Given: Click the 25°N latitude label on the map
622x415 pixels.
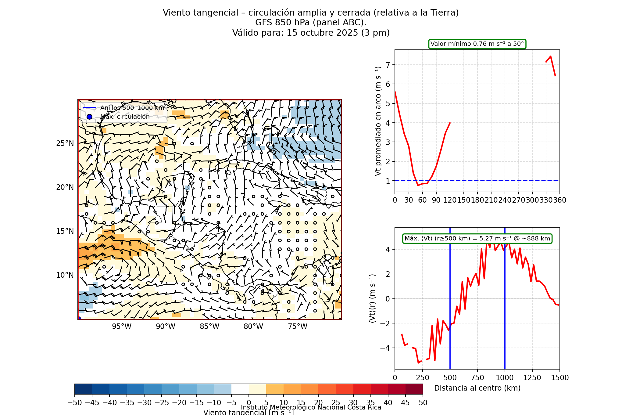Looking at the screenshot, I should pos(65,143).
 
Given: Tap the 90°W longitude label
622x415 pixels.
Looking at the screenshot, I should pos(166,327).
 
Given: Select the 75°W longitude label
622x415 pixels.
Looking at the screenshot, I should pos(298,327).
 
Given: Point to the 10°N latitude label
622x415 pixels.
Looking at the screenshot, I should pos(65,275).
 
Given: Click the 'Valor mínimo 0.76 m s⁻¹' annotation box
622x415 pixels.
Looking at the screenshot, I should pos(477,44).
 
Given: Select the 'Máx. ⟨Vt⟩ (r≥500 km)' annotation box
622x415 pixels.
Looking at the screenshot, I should pos(477,239).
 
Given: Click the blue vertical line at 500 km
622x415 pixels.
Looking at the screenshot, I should pos(450,305).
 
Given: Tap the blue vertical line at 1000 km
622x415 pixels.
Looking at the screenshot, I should pos(505,305).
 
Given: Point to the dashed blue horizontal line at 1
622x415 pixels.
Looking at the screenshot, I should pos(488,181).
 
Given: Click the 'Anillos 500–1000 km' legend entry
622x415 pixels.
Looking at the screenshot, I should pos(132,108).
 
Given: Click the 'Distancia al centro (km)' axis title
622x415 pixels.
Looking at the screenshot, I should pos(477,388).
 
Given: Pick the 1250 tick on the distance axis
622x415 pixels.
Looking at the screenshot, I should pos(532,378).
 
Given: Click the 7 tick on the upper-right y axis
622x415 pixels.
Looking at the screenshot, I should pos(388,65).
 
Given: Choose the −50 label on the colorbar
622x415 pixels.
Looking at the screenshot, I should pos(75,403).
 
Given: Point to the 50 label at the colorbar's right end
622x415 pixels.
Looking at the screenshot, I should pos(423,403).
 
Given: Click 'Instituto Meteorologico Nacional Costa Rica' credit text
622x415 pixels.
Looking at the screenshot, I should pos(311,407).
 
